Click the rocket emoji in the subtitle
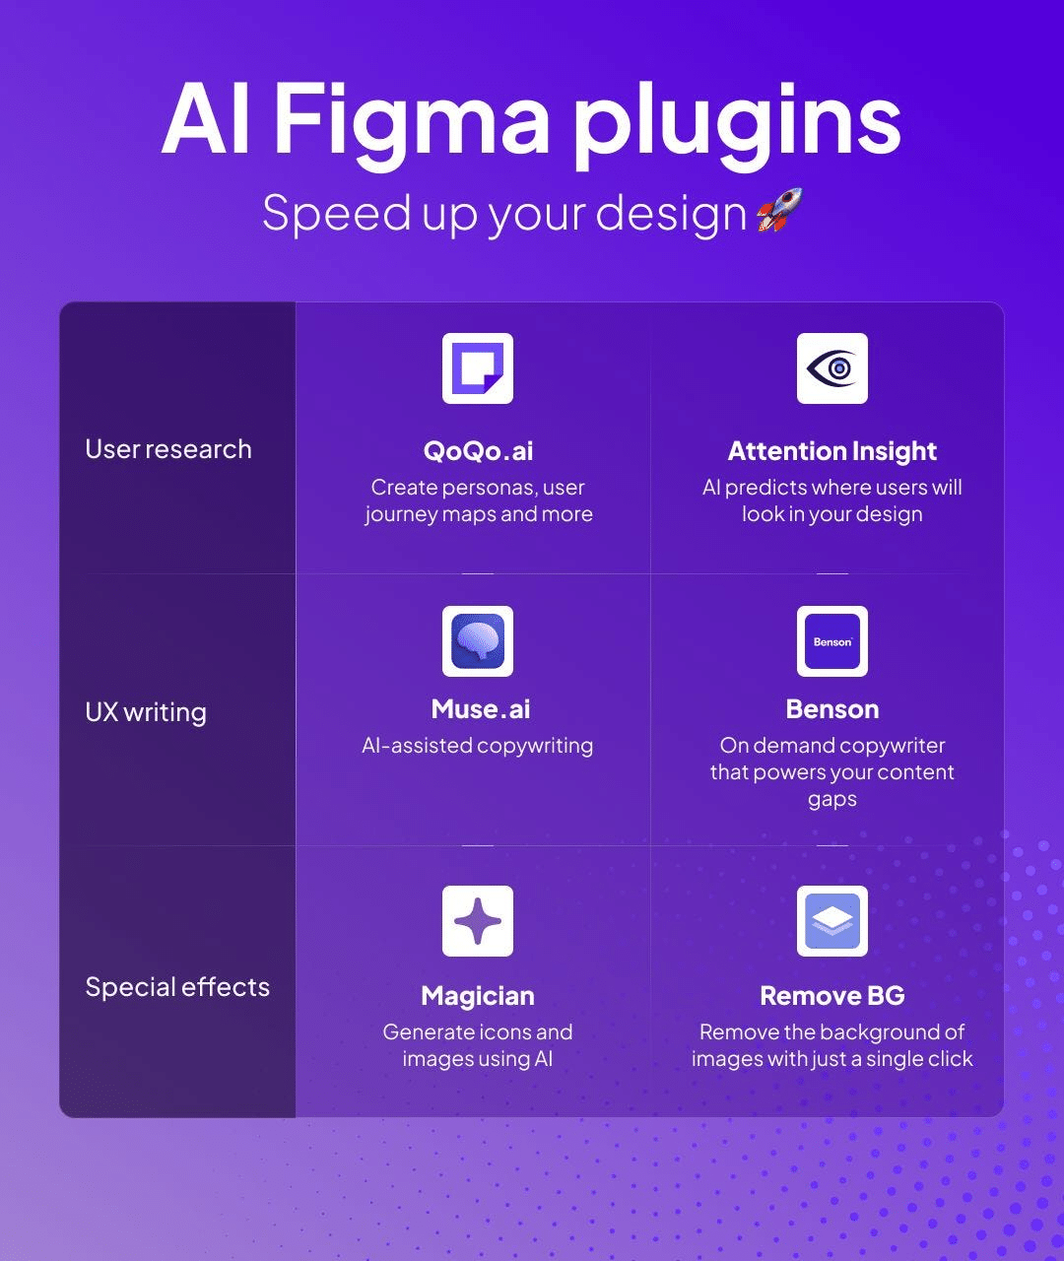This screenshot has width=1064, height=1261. click(x=779, y=211)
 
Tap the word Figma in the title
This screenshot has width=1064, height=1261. click(x=412, y=120)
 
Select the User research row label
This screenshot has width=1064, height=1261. click(x=168, y=449)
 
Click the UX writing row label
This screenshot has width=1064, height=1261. click(x=146, y=712)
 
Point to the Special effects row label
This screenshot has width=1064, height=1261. click(x=177, y=987)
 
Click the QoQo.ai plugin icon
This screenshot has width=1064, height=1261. click(x=478, y=368)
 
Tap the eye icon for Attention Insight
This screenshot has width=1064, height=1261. click(x=832, y=368)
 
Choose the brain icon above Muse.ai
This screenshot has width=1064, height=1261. click(x=478, y=641)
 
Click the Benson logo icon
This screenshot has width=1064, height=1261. click(x=832, y=641)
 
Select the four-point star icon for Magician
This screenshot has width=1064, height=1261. click(x=478, y=921)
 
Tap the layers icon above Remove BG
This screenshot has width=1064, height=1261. click(x=832, y=921)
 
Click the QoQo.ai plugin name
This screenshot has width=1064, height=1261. click(x=478, y=451)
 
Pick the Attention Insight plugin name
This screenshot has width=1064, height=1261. click(x=832, y=451)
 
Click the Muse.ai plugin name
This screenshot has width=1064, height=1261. click(x=481, y=709)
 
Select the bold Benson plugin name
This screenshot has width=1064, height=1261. click(x=832, y=709)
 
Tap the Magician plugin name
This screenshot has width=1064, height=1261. click(x=478, y=996)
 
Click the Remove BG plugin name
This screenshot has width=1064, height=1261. click(x=832, y=996)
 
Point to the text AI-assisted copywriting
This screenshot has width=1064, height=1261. click(x=478, y=746)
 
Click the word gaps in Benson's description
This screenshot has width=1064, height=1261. click(x=832, y=800)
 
